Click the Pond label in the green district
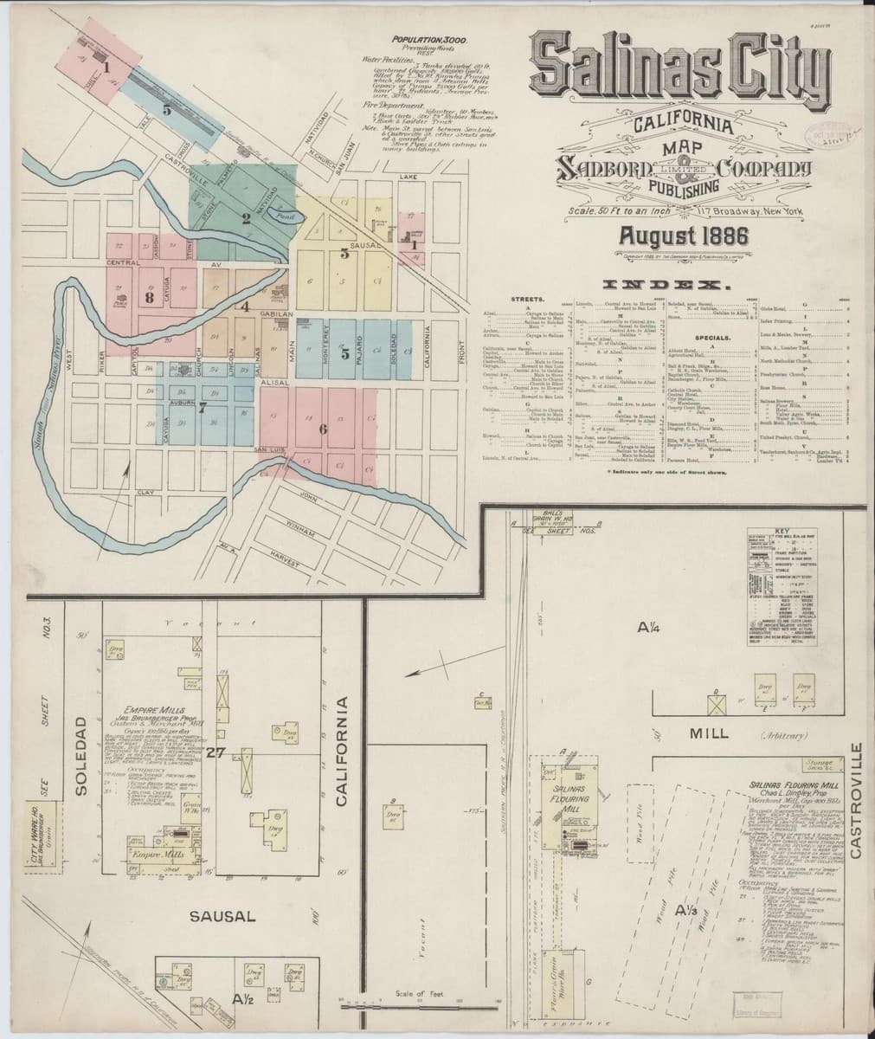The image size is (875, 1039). (x=281, y=210)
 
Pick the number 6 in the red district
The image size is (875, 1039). (x=323, y=429)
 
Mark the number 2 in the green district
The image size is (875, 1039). (x=246, y=218)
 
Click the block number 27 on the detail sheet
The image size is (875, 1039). (x=215, y=752)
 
